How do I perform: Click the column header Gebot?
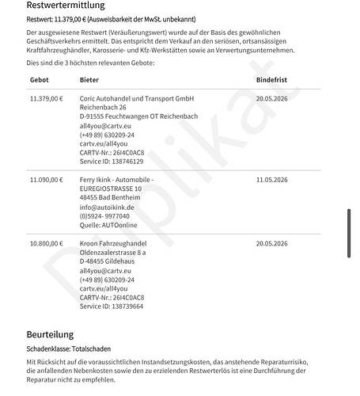click(39, 81)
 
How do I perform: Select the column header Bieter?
click(89, 81)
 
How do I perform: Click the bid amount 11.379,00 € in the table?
click(46, 98)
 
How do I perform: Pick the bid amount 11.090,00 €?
click(46, 180)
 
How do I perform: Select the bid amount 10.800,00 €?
click(46, 244)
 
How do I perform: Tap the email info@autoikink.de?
click(107, 207)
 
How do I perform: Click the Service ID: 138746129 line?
click(112, 161)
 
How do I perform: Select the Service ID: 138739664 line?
click(112, 307)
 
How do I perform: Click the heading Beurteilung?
click(50, 335)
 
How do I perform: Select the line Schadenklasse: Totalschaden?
click(79, 349)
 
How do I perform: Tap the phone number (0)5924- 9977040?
click(106, 215)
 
